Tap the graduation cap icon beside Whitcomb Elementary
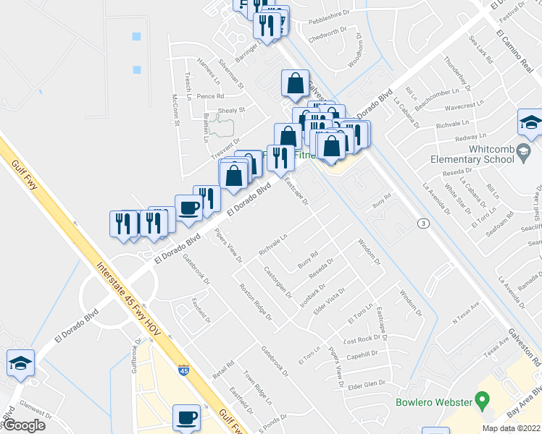530,124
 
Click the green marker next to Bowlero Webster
479,400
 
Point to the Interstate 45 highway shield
184,372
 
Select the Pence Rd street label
210,95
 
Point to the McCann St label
175,109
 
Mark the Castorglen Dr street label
278,283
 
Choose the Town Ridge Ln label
257,387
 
